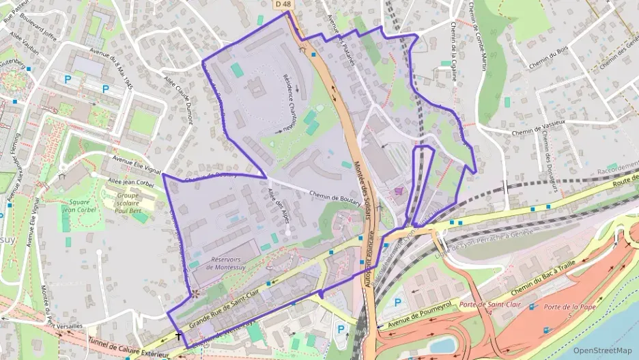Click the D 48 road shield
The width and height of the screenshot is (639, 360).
pos(283,5)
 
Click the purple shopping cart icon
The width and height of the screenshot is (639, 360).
pos(399,192)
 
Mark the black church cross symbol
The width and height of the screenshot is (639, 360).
pos(179,336)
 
